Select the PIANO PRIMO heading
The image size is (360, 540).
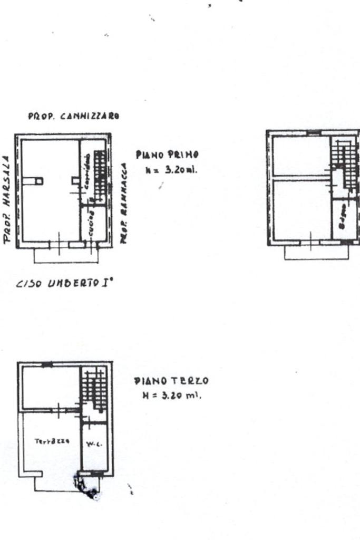pyautogui.click(x=167, y=155)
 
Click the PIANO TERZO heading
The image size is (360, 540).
pyautogui.click(x=171, y=381)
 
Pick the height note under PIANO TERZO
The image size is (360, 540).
pyautogui.click(x=172, y=395)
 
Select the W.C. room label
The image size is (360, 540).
pyautogui.click(x=95, y=443)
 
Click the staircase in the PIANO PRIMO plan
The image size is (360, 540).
pyautogui.click(x=99, y=171)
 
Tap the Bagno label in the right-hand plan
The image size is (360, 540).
pyautogui.click(x=342, y=217)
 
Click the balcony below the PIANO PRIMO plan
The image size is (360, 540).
pyautogui.click(x=66, y=256)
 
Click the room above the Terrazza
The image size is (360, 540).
pyautogui.click(x=50, y=388)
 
